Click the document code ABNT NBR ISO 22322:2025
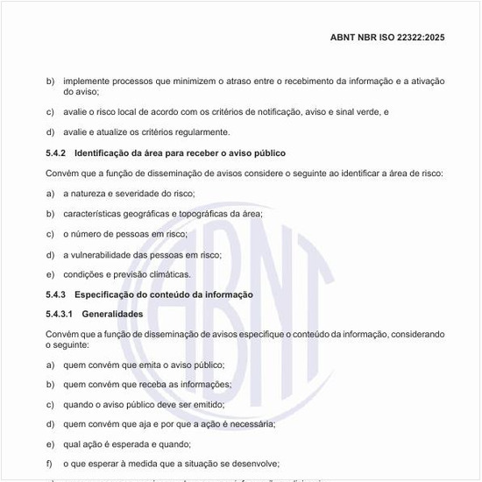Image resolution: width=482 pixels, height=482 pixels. (387, 38)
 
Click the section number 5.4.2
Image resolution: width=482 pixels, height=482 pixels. (56, 152)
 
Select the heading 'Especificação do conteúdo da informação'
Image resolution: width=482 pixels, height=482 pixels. (164, 294)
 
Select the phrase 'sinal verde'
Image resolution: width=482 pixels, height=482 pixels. (358, 112)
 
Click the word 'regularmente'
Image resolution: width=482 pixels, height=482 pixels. (180, 132)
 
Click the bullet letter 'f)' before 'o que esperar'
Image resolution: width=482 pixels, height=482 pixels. (50, 464)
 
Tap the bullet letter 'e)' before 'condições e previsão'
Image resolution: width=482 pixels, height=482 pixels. (50, 274)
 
